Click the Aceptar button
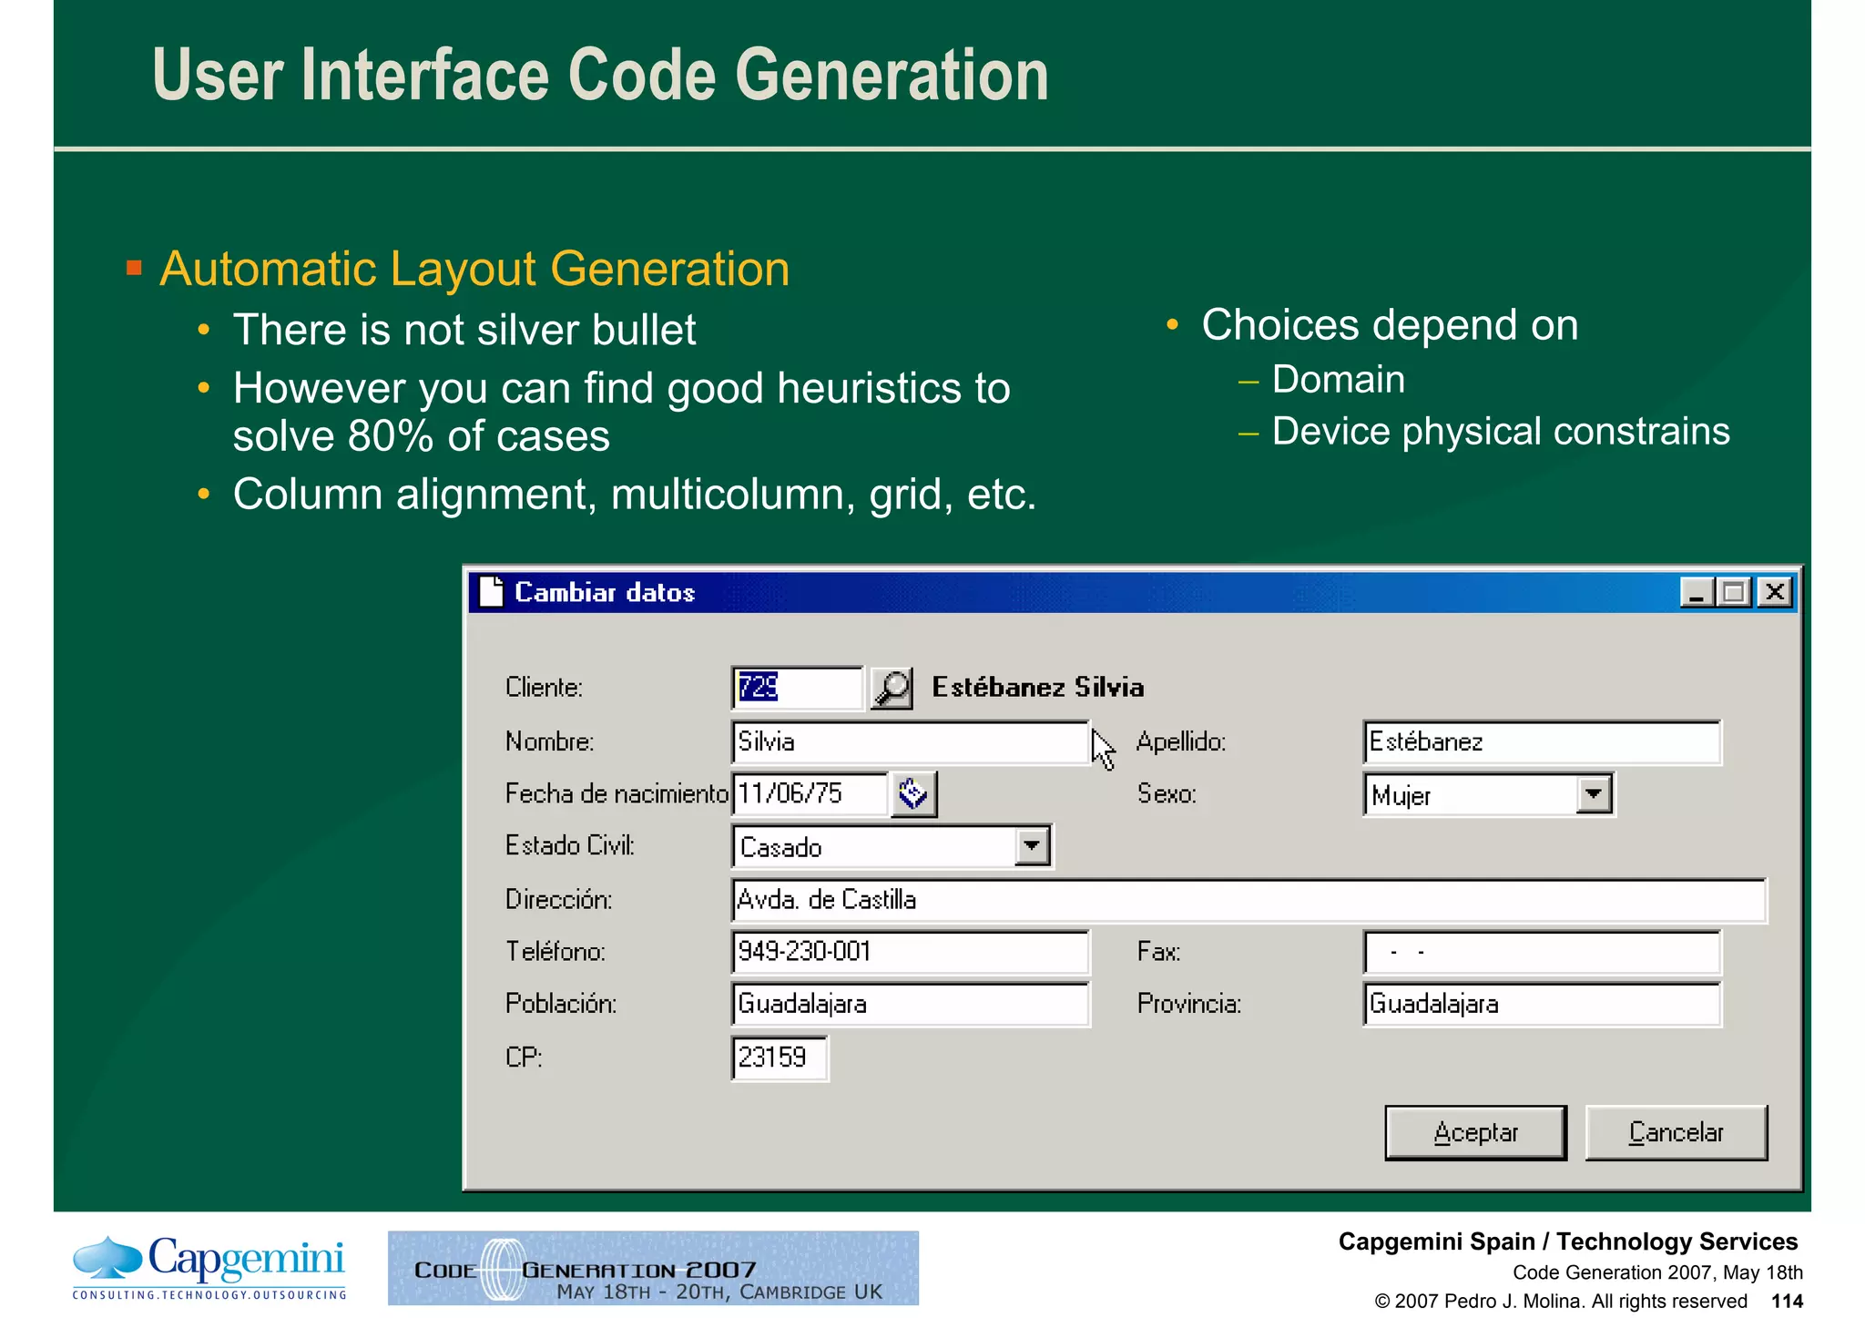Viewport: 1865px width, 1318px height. tap(1474, 1132)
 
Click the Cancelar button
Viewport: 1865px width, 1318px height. tap(1676, 1132)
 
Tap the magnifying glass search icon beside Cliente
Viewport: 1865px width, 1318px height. tap(892, 688)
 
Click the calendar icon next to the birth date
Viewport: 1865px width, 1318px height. tap(913, 794)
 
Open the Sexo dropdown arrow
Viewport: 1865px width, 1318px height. tap(1593, 794)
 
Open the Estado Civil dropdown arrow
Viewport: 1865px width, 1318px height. tap(1031, 846)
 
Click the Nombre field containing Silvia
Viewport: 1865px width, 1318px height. tap(909, 742)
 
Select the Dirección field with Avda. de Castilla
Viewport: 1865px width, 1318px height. tap(1248, 900)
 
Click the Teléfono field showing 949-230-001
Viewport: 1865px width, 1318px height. tap(909, 952)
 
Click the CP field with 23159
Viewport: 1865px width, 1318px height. tap(779, 1057)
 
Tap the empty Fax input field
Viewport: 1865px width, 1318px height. tap(1541, 953)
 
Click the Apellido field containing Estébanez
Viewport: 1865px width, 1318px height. tap(1541, 742)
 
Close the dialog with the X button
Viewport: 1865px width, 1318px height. tap(1774, 593)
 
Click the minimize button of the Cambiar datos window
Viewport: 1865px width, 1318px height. tap(1697, 593)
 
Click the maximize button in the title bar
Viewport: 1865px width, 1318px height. tap(1735, 593)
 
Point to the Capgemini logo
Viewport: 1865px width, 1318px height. tap(209, 1266)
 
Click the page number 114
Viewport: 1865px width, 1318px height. tap(1787, 1301)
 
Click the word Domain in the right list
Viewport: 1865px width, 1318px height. tap(1338, 379)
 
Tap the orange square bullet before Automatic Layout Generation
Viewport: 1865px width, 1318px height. tap(134, 268)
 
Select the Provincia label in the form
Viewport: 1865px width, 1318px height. tap(1188, 1004)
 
